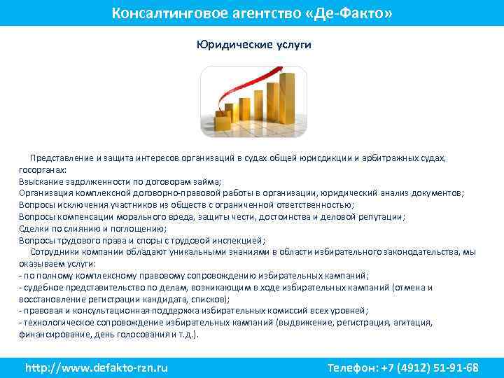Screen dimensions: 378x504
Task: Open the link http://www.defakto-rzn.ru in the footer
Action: (x=97, y=367)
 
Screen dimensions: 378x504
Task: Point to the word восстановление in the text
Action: (x=53, y=299)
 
